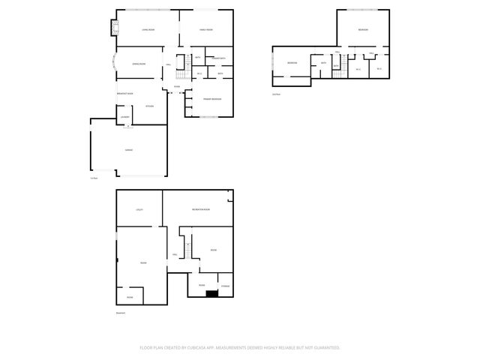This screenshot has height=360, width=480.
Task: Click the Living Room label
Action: tap(148, 29)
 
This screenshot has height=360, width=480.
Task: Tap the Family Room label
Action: tap(207, 29)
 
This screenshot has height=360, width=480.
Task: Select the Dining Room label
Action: tap(139, 65)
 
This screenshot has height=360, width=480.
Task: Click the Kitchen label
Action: tap(150, 106)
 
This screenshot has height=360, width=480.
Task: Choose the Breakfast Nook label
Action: tap(125, 94)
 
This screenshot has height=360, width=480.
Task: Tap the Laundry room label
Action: tap(125, 117)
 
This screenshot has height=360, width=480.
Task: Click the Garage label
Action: tap(129, 150)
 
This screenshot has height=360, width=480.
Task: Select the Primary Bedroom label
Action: tap(211, 99)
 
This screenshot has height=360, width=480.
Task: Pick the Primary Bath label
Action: tap(218, 58)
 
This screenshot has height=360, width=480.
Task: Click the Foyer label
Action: tap(177, 86)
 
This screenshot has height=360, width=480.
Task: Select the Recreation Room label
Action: tap(200, 208)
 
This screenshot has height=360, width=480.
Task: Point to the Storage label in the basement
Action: tap(225, 286)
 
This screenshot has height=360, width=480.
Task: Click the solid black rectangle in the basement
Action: tap(212, 293)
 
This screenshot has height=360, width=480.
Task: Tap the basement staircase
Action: tap(184, 246)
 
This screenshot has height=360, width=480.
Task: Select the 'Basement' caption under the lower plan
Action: tap(121, 313)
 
